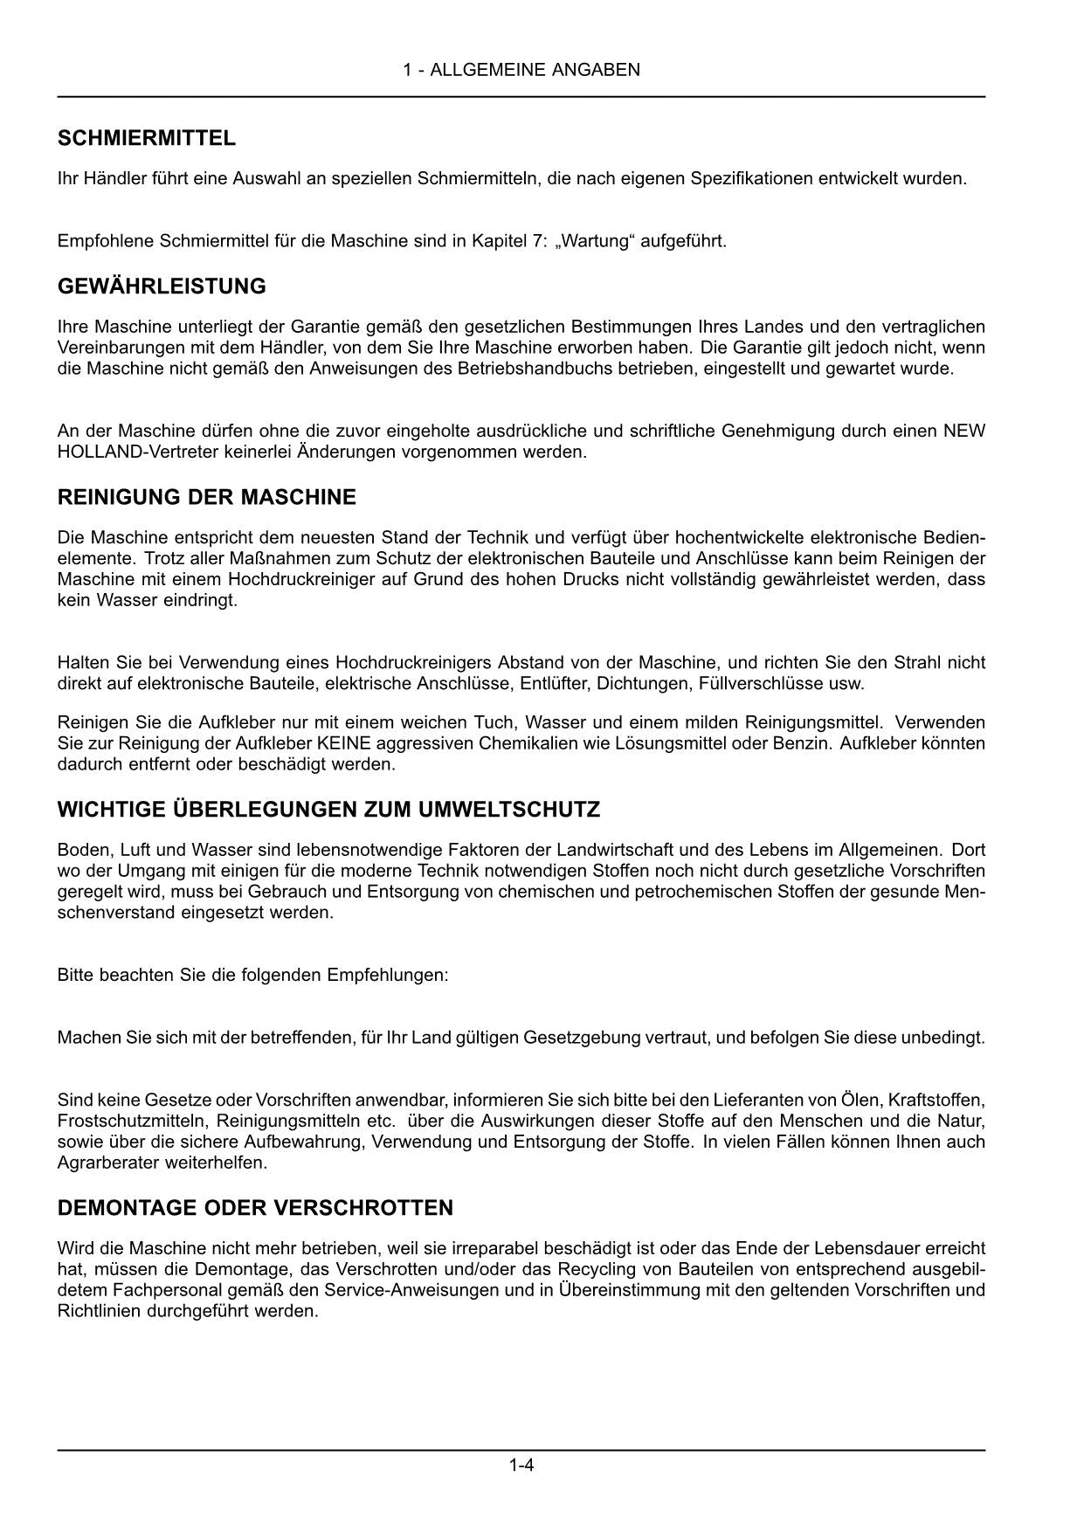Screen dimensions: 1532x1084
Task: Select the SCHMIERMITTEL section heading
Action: [146, 138]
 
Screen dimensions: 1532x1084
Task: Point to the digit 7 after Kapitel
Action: [535, 241]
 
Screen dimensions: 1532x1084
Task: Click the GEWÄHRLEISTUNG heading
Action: [162, 286]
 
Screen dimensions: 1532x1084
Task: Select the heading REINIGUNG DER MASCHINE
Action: [206, 498]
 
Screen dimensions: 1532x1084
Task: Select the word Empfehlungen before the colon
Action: [385, 975]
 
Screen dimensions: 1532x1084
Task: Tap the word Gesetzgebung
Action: [582, 1038]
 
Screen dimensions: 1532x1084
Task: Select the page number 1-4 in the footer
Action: [521, 1465]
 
